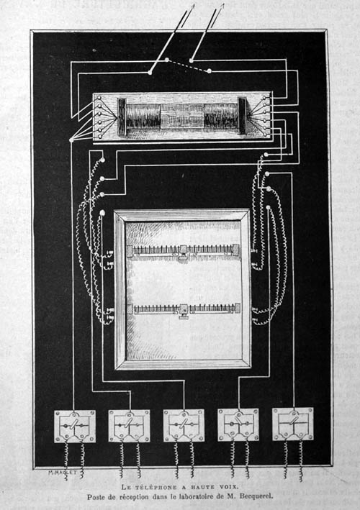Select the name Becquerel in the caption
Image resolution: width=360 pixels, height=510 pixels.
[256, 496]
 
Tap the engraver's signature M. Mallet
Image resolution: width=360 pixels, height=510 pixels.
[62, 473]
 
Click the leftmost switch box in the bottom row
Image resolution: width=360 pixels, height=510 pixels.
[75, 426]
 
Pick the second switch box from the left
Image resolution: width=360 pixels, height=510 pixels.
[129, 425]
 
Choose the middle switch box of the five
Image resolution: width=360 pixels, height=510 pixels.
[184, 425]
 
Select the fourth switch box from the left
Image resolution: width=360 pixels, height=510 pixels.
[238, 424]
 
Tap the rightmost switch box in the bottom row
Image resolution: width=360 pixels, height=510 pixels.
[293, 424]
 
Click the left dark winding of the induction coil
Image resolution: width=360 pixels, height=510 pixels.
[143, 116]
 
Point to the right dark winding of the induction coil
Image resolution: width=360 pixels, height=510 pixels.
[221, 116]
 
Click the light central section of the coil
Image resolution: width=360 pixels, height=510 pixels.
[182, 116]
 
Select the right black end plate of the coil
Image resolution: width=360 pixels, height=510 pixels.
[243, 116]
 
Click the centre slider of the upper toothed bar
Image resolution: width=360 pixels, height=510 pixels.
[184, 252]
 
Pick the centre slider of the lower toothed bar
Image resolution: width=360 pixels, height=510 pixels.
[184, 311]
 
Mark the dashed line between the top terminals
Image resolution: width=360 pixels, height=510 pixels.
[188, 65]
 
